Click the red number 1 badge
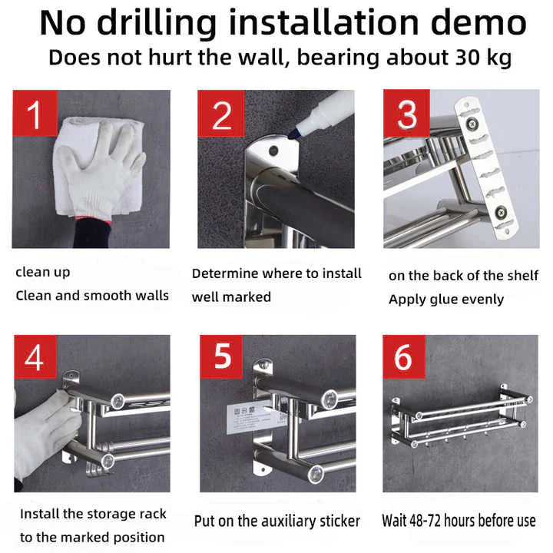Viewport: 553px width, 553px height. [35, 113]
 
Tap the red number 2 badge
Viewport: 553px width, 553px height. [221, 114]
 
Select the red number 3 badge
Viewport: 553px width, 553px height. [406, 113]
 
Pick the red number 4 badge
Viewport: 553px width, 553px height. [35, 357]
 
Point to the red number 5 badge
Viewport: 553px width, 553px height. [221, 356]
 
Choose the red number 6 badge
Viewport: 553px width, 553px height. [404, 357]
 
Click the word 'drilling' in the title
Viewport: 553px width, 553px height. [157, 24]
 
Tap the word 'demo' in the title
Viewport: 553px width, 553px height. [478, 23]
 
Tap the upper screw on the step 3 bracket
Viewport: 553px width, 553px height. [472, 124]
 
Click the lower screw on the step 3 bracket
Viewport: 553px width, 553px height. [501, 212]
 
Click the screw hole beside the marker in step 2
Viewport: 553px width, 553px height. [273, 151]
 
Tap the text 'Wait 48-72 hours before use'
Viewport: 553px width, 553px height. [459, 521]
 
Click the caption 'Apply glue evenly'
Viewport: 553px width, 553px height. [446, 300]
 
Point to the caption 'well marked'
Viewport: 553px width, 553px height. [231, 297]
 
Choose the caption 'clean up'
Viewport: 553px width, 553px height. [43, 272]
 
